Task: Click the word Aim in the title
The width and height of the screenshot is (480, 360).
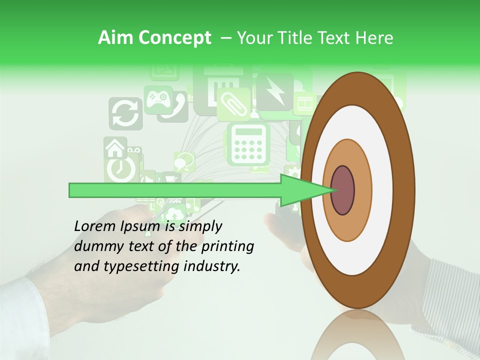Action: [116, 38]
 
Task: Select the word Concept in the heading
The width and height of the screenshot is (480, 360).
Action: [174, 38]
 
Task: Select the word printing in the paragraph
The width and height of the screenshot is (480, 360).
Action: [227, 247]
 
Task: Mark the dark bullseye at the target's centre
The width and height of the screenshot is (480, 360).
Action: [343, 190]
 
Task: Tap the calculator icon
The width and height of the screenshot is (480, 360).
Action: [248, 144]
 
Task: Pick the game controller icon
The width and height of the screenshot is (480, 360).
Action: [158, 98]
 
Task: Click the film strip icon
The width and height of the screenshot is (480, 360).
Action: [304, 103]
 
